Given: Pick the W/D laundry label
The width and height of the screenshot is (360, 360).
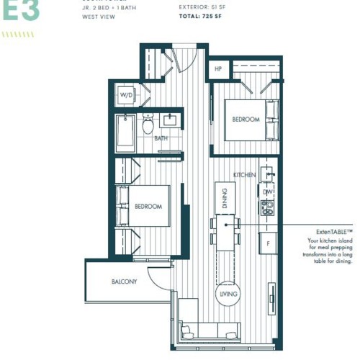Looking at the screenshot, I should point(126,95).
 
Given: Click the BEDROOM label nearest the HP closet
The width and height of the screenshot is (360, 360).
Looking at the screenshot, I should point(245,120).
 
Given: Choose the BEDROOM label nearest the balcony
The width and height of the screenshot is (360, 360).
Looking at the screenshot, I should point(148,206).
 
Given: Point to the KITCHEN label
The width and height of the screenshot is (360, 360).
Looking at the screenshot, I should point(245,175).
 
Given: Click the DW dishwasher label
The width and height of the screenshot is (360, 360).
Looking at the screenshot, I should point(267,192).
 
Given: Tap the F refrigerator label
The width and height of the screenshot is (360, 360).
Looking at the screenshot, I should point(268,243).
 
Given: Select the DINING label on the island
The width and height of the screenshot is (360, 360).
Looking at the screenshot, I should point(225,197).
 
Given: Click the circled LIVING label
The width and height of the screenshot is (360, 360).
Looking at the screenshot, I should point(228,294).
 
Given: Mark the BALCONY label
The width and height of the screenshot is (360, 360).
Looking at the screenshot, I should point(124,282).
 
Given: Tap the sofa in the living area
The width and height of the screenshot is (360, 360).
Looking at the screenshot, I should point(211,330).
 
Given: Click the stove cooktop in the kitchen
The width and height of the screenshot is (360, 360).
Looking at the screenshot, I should point(268,207).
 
